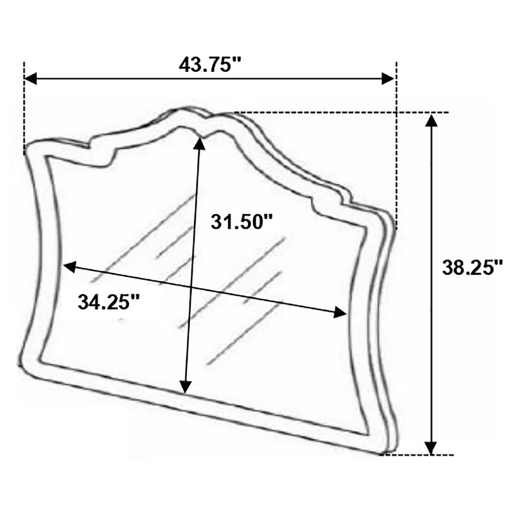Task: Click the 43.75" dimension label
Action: coord(210,65)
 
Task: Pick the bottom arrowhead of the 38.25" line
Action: coord(432,448)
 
